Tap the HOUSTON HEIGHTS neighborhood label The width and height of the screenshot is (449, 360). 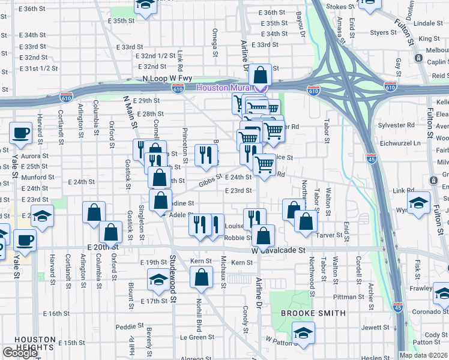[27, 343]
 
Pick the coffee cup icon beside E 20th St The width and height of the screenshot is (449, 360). [25, 240]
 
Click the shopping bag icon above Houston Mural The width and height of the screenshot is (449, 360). [261, 76]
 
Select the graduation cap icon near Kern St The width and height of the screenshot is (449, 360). [158, 279]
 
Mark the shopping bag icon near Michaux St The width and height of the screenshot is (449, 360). [201, 277]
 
